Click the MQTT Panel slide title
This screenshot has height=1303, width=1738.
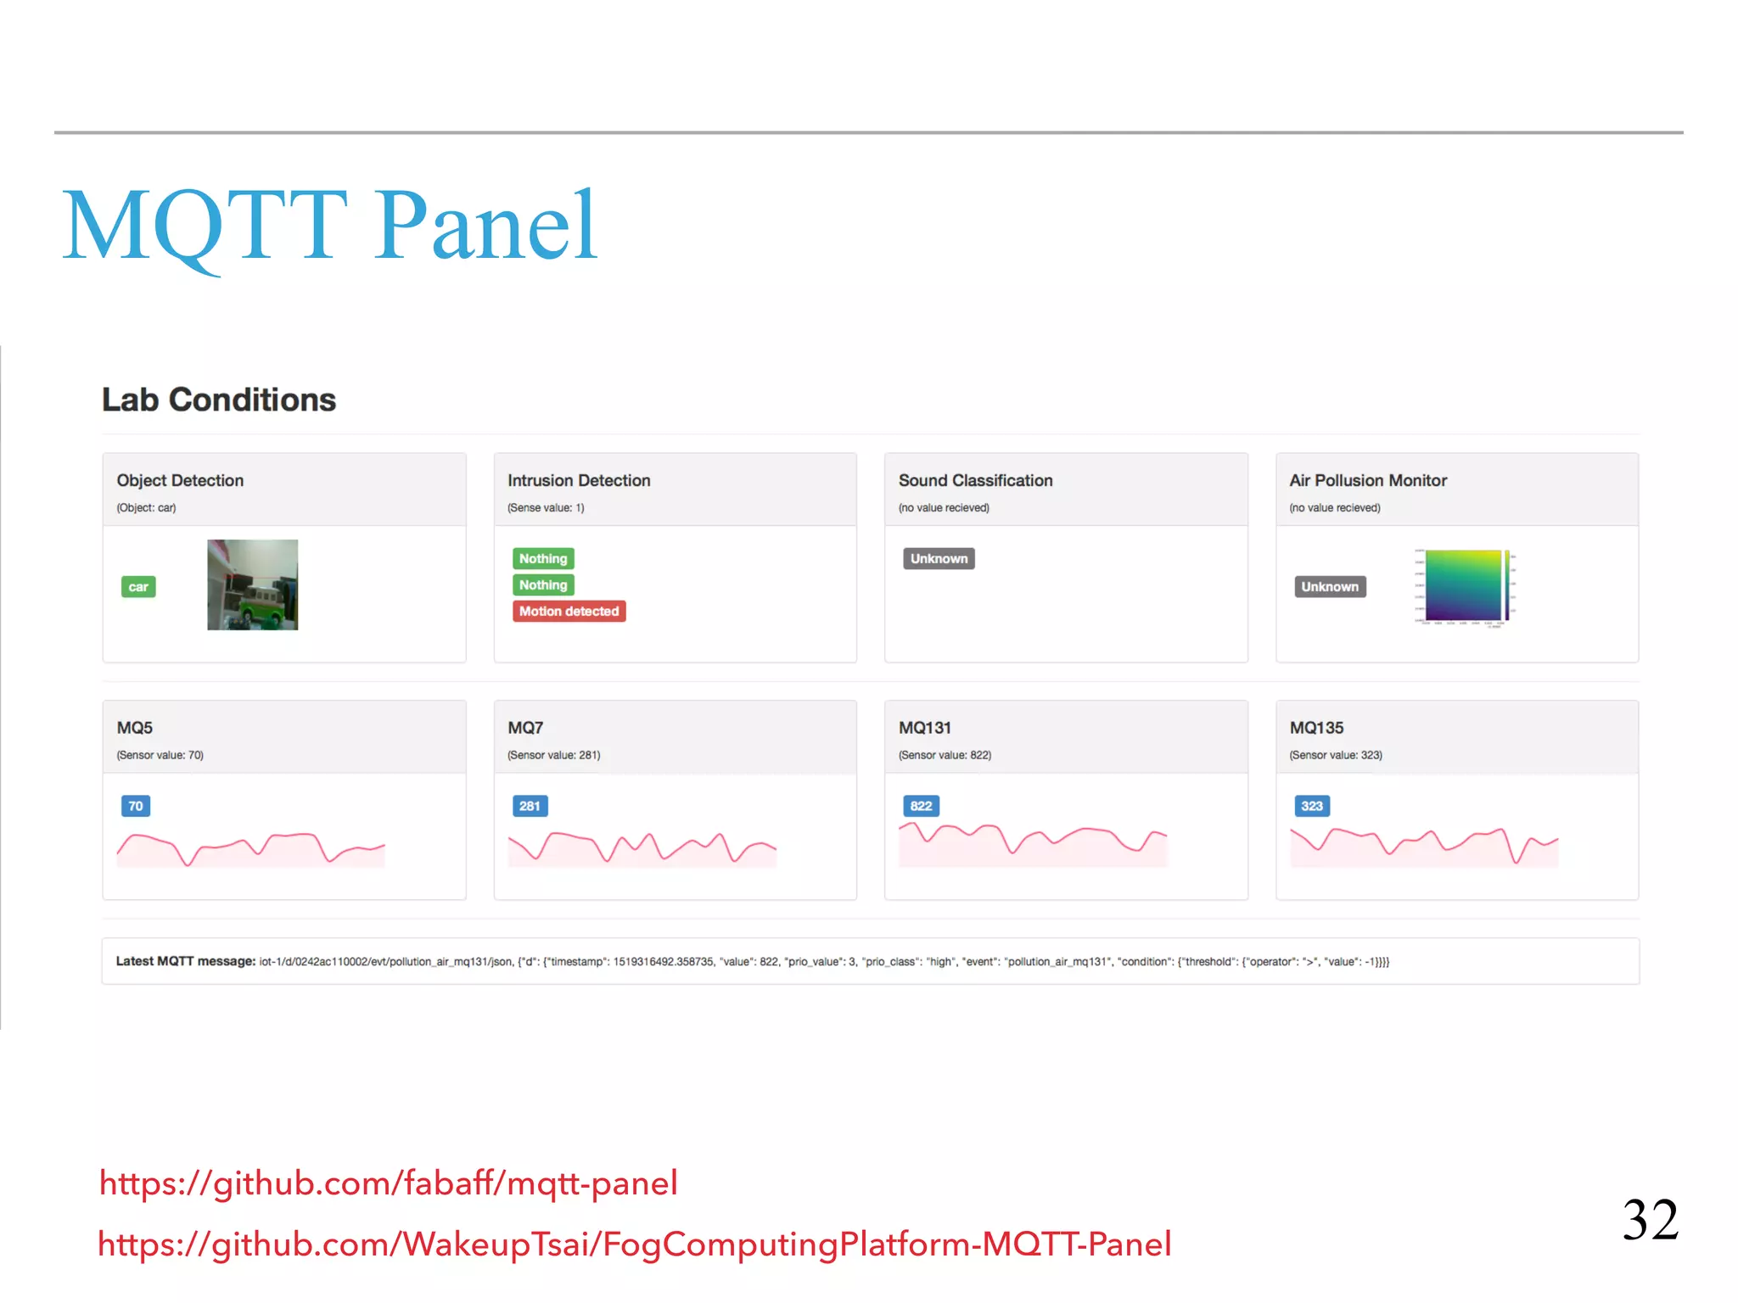click(330, 225)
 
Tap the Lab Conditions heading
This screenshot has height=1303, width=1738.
click(219, 400)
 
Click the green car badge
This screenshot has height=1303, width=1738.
click(138, 587)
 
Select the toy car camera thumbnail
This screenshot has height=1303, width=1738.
click(253, 584)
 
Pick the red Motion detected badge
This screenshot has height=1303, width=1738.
click(569, 612)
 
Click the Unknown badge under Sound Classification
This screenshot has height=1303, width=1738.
click(939, 559)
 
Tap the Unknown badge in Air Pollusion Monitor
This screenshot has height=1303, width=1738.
click(1330, 587)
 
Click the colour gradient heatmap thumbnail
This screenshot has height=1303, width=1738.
click(1465, 586)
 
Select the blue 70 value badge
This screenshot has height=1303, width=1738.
click(136, 806)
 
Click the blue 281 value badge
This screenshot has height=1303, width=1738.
click(530, 806)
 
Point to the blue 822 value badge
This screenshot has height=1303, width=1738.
click(921, 806)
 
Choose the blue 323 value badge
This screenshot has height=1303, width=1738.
click(1312, 806)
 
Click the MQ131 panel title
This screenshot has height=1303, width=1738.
click(925, 728)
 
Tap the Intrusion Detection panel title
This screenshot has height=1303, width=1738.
click(579, 480)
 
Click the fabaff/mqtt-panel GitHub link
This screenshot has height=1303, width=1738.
click(389, 1183)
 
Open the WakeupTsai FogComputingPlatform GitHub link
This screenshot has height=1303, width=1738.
click(634, 1244)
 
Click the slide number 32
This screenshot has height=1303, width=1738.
click(1651, 1220)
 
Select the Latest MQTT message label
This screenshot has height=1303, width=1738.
click(186, 961)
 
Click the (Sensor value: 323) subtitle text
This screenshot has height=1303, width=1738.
click(1336, 755)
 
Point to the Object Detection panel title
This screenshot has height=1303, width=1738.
click(180, 480)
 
